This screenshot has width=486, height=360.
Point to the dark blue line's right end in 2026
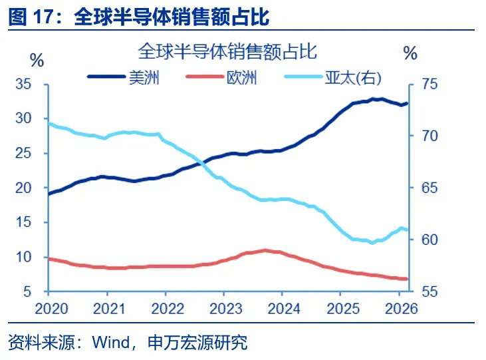click(x=408, y=102)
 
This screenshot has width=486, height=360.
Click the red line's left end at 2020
click(x=48, y=258)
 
